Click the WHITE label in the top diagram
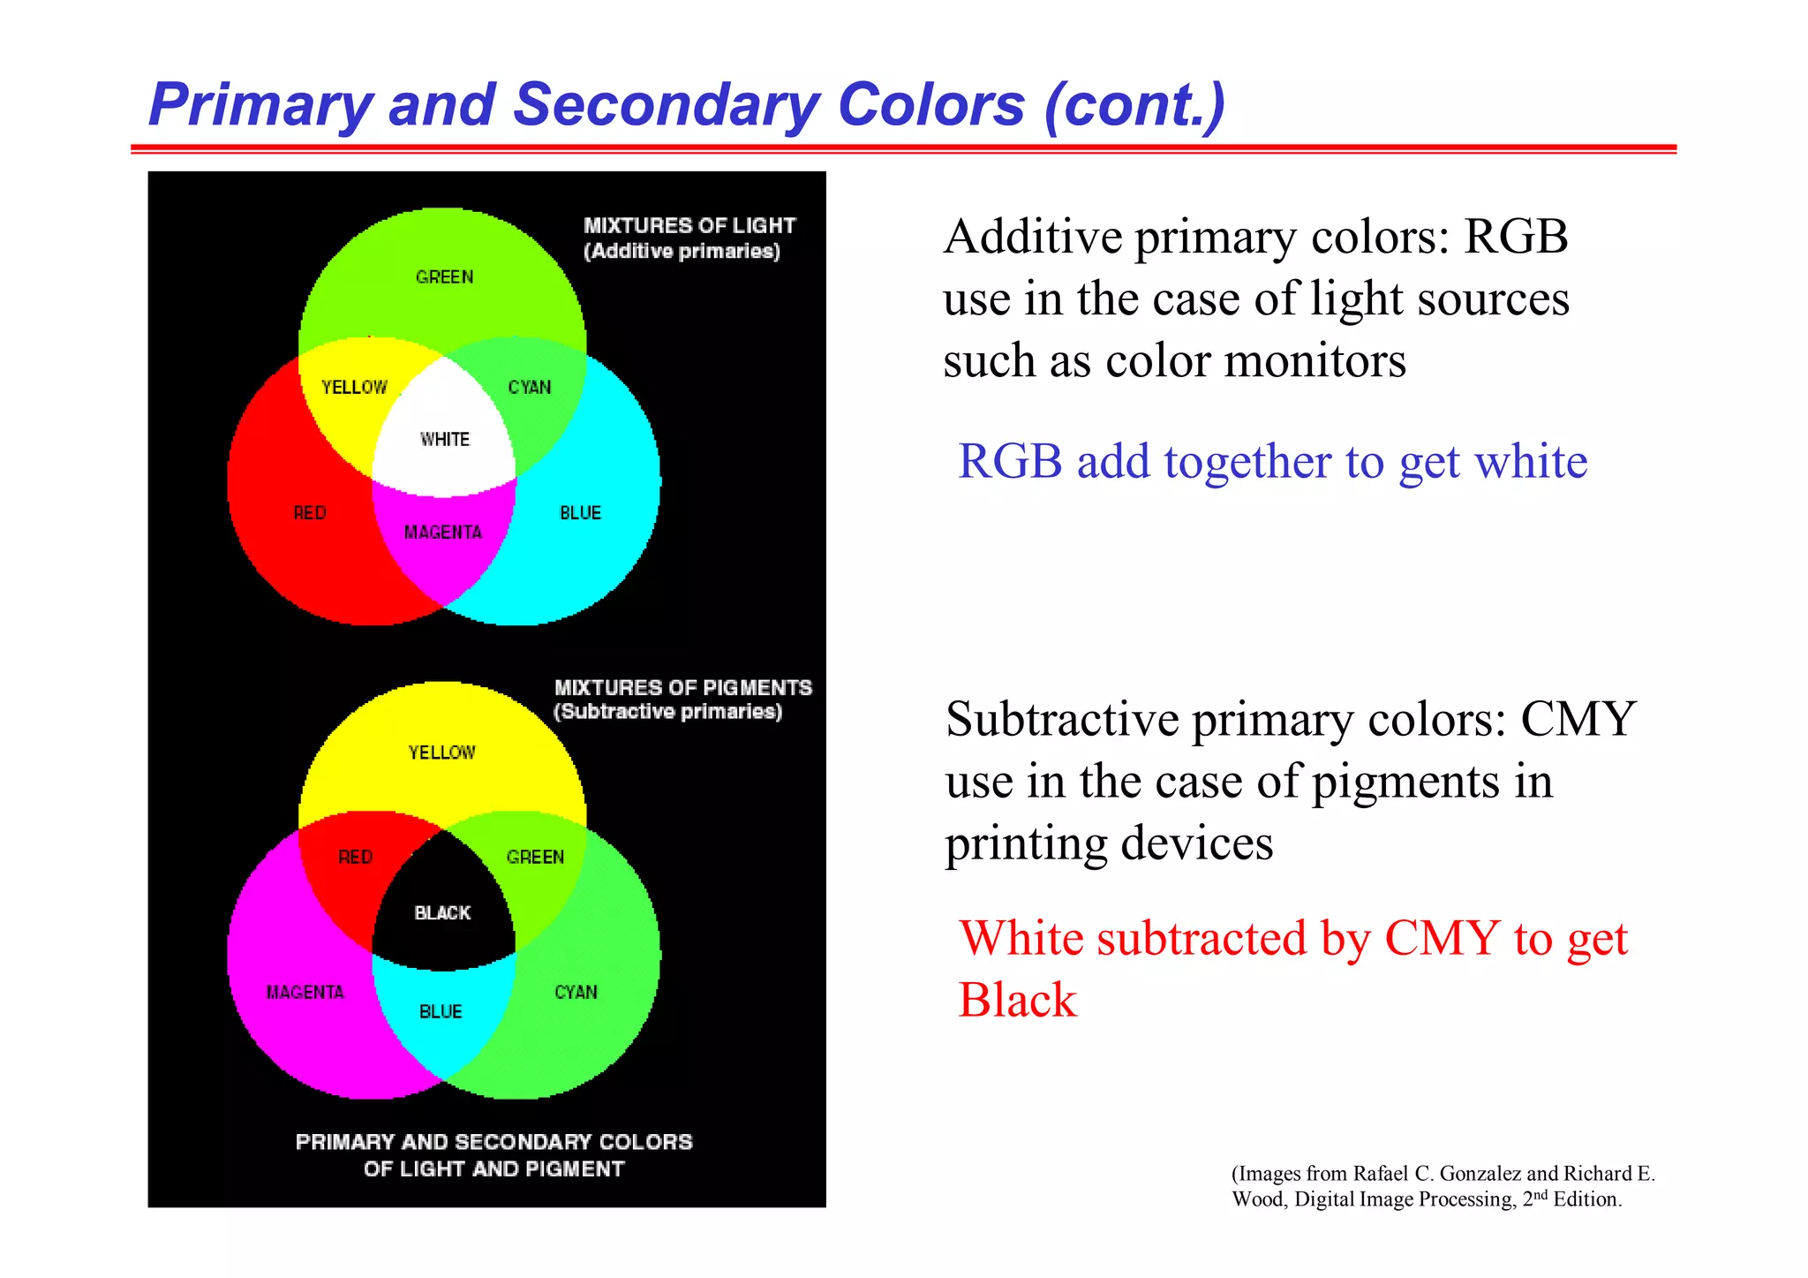coord(445,439)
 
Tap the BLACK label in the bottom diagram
coord(442,912)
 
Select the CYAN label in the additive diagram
coord(530,387)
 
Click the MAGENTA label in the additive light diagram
coord(443,532)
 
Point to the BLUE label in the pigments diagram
coord(441,1011)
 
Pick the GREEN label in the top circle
coord(444,277)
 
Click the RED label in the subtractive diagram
coord(356,857)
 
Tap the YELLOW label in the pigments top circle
coord(441,752)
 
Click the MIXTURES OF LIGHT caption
coord(689,226)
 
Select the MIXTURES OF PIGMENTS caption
coord(682,688)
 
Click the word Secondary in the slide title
coord(667,105)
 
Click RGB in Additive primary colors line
coord(1516,237)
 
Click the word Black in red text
coord(1017,1001)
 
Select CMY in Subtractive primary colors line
coord(1578,719)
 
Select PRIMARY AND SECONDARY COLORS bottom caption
coord(493,1142)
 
